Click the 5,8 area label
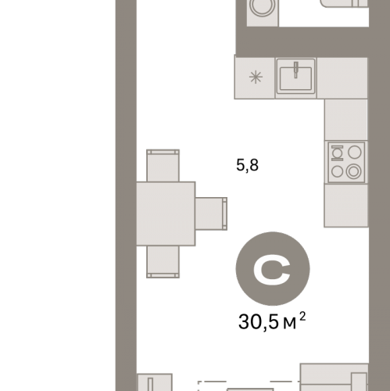247,165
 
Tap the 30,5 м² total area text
272,321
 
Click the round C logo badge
273,268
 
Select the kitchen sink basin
295,78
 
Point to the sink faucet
296,70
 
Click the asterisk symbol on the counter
256,77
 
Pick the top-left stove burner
337,152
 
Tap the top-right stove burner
355,152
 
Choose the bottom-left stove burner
337,171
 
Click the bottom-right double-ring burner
353,171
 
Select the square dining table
166,213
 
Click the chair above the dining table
163,166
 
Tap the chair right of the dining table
211,213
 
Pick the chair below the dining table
163,262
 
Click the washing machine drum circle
263,7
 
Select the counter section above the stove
346,120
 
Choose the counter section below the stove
346,205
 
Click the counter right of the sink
342,78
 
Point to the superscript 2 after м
302,317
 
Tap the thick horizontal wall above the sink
302,42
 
